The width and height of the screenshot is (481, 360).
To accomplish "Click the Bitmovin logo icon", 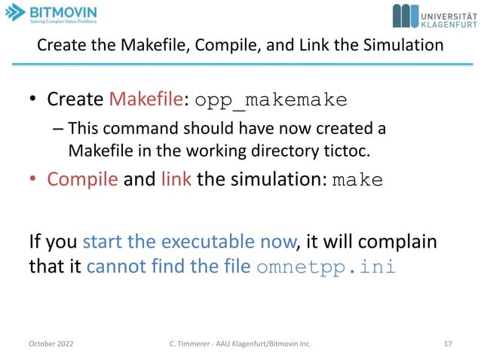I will coord(14,14).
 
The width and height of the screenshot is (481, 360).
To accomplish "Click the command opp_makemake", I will coord(271,100).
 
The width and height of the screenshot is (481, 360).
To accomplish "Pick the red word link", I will coord(175,181).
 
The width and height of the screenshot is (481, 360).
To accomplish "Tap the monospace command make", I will coord(357,182).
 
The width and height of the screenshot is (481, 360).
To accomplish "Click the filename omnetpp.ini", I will coord(326,268).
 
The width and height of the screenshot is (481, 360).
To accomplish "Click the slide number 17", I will coord(448,344).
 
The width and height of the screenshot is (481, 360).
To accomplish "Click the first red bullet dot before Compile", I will coord(34,182).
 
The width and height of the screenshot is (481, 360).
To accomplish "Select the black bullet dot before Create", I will coord(34,100).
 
